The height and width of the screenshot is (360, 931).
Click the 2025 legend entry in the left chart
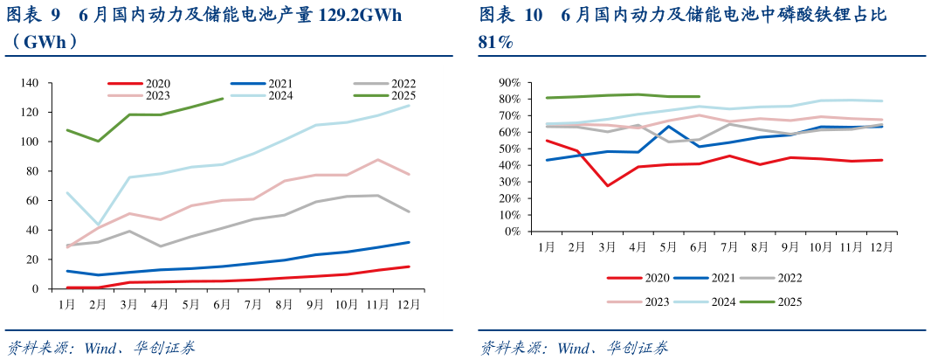tap(384, 95)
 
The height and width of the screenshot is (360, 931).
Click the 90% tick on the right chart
tap(509, 83)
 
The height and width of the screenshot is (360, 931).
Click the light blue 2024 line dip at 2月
tap(99, 225)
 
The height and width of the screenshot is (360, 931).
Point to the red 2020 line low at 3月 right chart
tap(608, 186)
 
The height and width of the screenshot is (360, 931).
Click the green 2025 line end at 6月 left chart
tap(223, 99)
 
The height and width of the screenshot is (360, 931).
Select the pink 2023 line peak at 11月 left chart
tap(376, 160)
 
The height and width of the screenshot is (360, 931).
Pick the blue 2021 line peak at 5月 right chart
tap(669, 126)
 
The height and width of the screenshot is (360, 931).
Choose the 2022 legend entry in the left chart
tap(384, 83)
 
